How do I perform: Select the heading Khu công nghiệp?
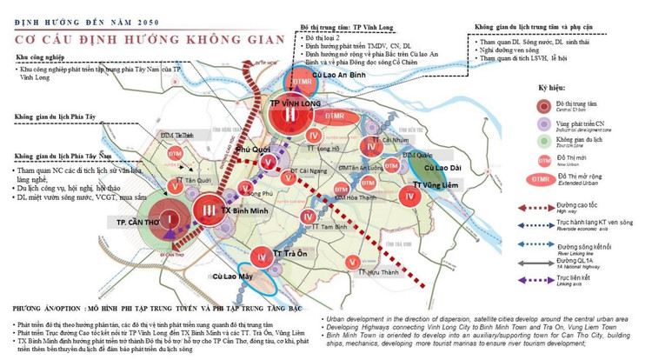42,58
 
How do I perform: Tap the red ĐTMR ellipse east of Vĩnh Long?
335,116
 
